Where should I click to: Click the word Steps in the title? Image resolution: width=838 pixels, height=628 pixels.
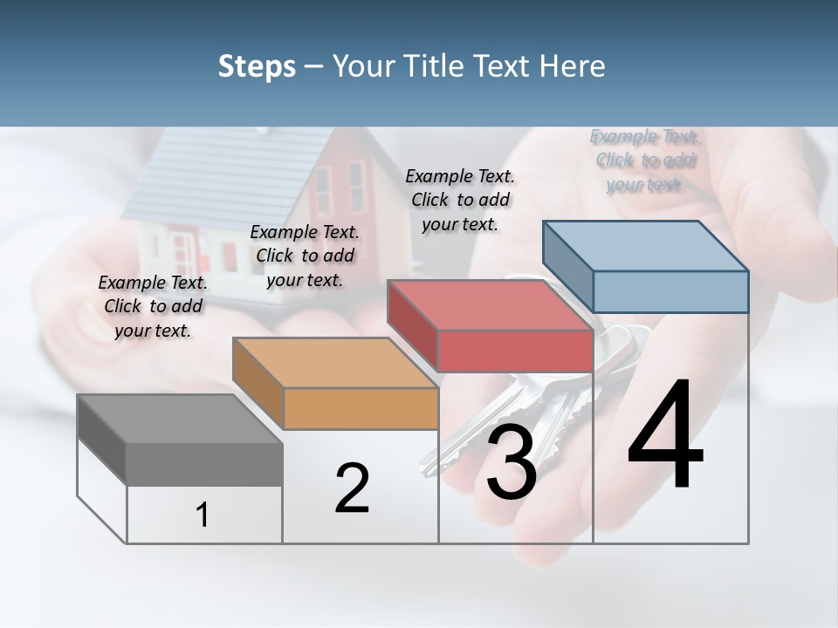pyautogui.click(x=257, y=66)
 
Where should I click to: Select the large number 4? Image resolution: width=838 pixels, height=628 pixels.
pyautogui.click(x=665, y=436)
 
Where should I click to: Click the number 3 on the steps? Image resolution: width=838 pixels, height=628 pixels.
pyautogui.click(x=512, y=463)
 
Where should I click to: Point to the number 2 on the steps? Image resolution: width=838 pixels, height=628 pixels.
pyautogui.click(x=352, y=488)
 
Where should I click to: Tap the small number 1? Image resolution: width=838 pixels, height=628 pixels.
pyautogui.click(x=203, y=515)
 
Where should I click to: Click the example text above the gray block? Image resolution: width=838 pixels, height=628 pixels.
pyautogui.click(x=153, y=306)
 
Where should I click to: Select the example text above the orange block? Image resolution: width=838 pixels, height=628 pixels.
pyautogui.click(x=305, y=256)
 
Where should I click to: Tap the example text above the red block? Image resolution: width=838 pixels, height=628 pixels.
pyautogui.click(x=460, y=200)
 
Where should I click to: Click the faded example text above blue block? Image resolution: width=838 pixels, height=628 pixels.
pyautogui.click(x=644, y=160)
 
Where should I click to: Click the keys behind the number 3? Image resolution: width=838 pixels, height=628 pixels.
pyautogui.click(x=559, y=392)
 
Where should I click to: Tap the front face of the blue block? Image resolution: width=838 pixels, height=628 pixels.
pyautogui.click(x=670, y=291)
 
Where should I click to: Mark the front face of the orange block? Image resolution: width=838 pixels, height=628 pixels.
pyautogui.click(x=361, y=408)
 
